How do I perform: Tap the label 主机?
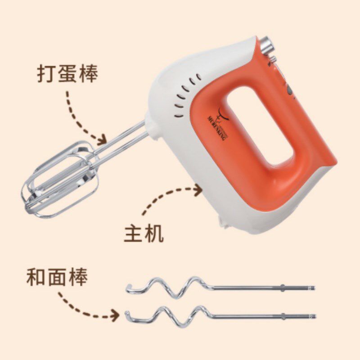click(x=144, y=234)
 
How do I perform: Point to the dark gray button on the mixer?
click(x=290, y=92)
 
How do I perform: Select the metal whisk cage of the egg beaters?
click(x=58, y=182)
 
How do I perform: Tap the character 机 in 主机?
click(x=154, y=234)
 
